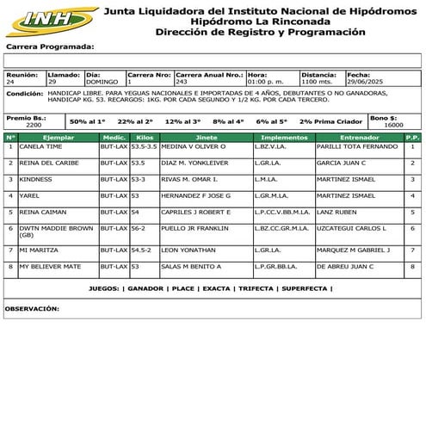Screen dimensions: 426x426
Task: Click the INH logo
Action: point(49,19)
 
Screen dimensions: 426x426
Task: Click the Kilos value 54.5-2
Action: point(143,250)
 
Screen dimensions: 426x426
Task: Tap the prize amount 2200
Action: point(34,125)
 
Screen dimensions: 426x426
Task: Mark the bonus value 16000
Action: point(393,125)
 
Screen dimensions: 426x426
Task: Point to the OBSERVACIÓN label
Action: point(32,307)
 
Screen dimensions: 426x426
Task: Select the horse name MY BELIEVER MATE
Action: point(50,266)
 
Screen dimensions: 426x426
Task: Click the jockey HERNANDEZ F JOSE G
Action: point(195,195)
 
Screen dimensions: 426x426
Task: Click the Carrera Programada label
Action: point(49,46)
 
